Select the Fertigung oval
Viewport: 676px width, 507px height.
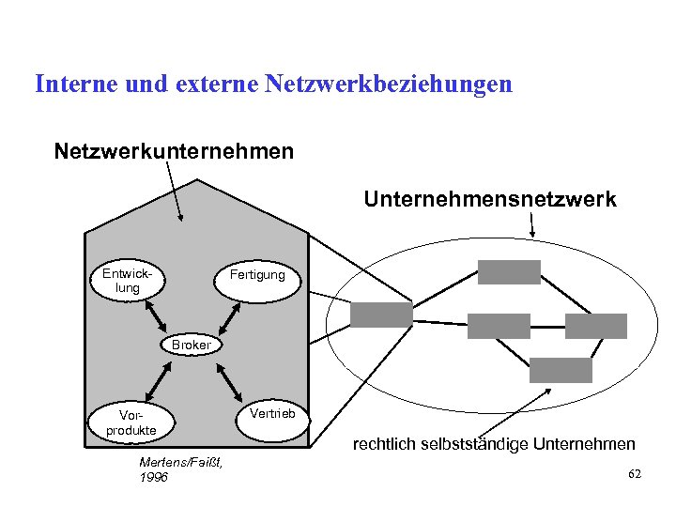tap(256, 276)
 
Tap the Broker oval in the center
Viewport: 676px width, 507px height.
tap(192, 345)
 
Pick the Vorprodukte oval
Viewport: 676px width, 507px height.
tap(132, 422)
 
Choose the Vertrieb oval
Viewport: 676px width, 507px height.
tap(272, 413)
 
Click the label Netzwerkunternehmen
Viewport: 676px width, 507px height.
tap(174, 150)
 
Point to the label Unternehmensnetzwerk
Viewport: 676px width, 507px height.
tap(490, 199)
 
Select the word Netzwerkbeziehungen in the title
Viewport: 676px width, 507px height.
tap(389, 84)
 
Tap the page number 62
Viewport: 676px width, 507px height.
tap(634, 474)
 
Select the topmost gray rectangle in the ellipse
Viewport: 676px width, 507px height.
tap(509, 272)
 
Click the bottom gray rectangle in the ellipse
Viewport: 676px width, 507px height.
tap(561, 370)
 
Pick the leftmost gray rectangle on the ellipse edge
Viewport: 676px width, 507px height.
tap(381, 315)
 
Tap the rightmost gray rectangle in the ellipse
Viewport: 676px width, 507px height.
tap(595, 326)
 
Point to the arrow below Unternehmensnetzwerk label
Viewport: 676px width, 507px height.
tap(532, 225)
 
